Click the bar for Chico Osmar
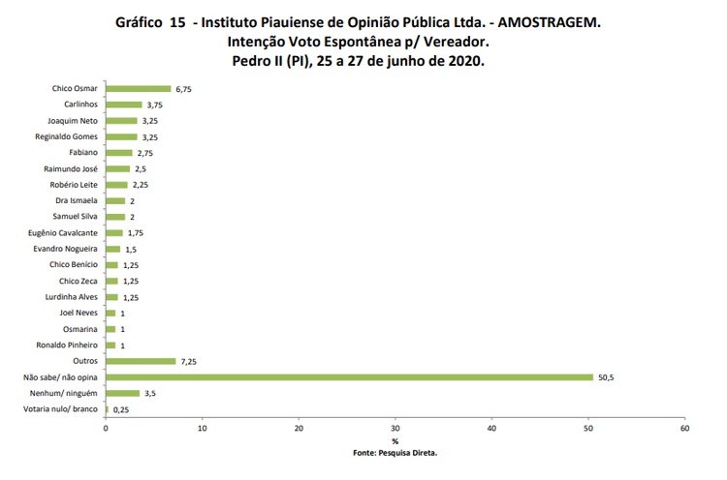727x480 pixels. point(138,89)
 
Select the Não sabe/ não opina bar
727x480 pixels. point(349,376)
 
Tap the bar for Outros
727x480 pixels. point(141,361)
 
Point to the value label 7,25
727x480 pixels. point(189,361)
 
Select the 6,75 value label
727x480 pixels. point(184,89)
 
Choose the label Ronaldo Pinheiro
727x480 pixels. point(67,345)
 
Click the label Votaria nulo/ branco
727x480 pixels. point(60,409)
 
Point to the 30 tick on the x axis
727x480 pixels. point(395,427)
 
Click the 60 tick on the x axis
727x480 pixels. point(684,427)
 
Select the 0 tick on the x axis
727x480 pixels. point(106,427)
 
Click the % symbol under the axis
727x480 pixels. point(395,440)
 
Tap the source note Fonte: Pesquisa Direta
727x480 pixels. point(395,451)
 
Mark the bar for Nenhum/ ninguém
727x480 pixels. point(122,393)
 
